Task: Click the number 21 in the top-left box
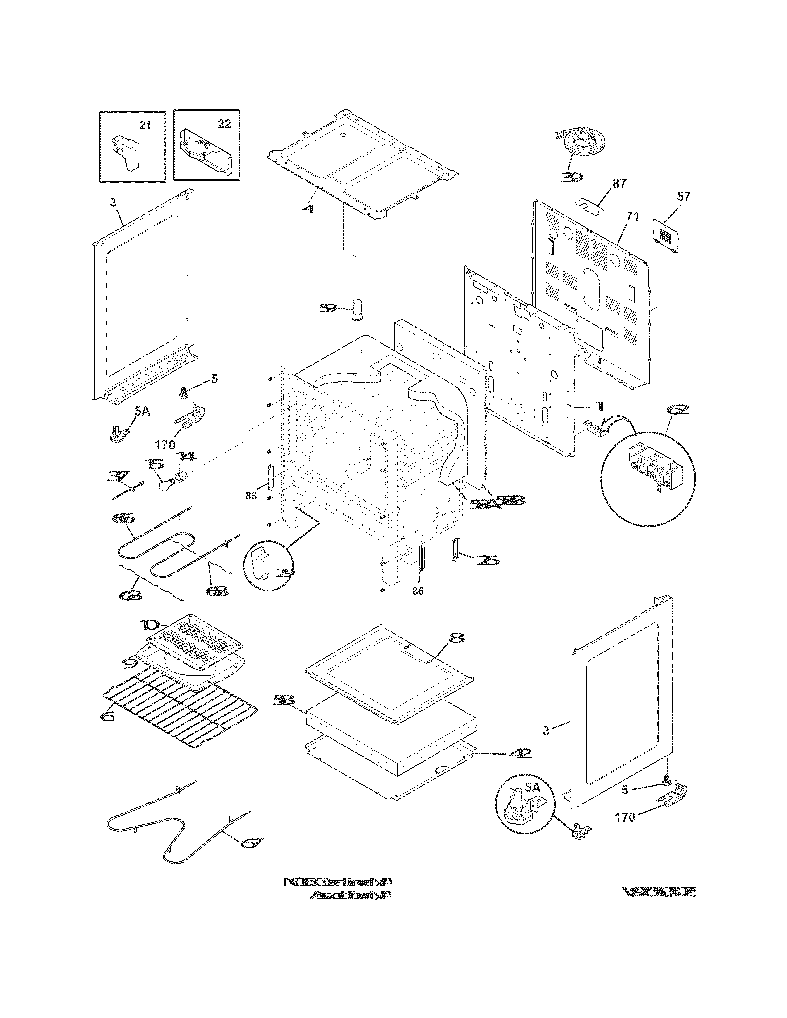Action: tap(145, 125)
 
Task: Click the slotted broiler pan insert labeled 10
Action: tap(194, 642)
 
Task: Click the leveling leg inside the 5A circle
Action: tap(518, 813)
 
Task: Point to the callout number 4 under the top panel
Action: tap(308, 208)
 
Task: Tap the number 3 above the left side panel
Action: tap(113, 202)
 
